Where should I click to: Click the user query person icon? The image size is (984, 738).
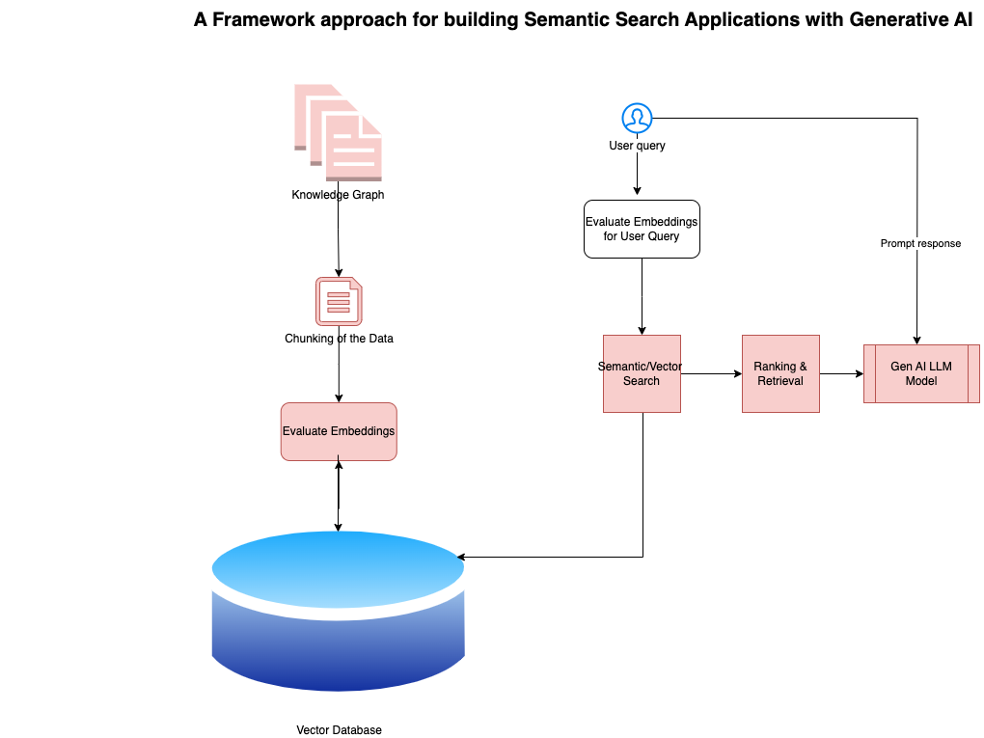tap(637, 119)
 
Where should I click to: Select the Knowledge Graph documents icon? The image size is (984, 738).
tap(339, 132)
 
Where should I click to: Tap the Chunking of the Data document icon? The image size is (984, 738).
tap(339, 301)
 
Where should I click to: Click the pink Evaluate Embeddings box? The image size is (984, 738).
tap(339, 431)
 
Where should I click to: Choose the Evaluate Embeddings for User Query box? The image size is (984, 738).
tap(642, 229)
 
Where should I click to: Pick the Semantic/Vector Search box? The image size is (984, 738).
tap(642, 373)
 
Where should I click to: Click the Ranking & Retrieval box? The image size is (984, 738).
tap(780, 373)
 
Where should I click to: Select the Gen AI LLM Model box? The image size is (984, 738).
tap(921, 373)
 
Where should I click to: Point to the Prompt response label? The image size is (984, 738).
tap(920, 243)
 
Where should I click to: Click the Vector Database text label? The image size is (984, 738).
tap(339, 730)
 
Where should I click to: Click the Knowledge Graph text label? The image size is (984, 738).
tap(338, 195)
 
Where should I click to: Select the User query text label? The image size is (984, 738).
tap(637, 147)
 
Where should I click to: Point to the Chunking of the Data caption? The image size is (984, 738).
tap(339, 339)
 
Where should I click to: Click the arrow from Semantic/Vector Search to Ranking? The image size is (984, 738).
tap(711, 373)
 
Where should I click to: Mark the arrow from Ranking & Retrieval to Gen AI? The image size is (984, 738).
tap(841, 373)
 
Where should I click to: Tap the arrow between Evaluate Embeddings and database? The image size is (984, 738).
tap(339, 496)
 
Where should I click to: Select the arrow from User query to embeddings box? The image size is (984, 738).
tap(637, 177)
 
